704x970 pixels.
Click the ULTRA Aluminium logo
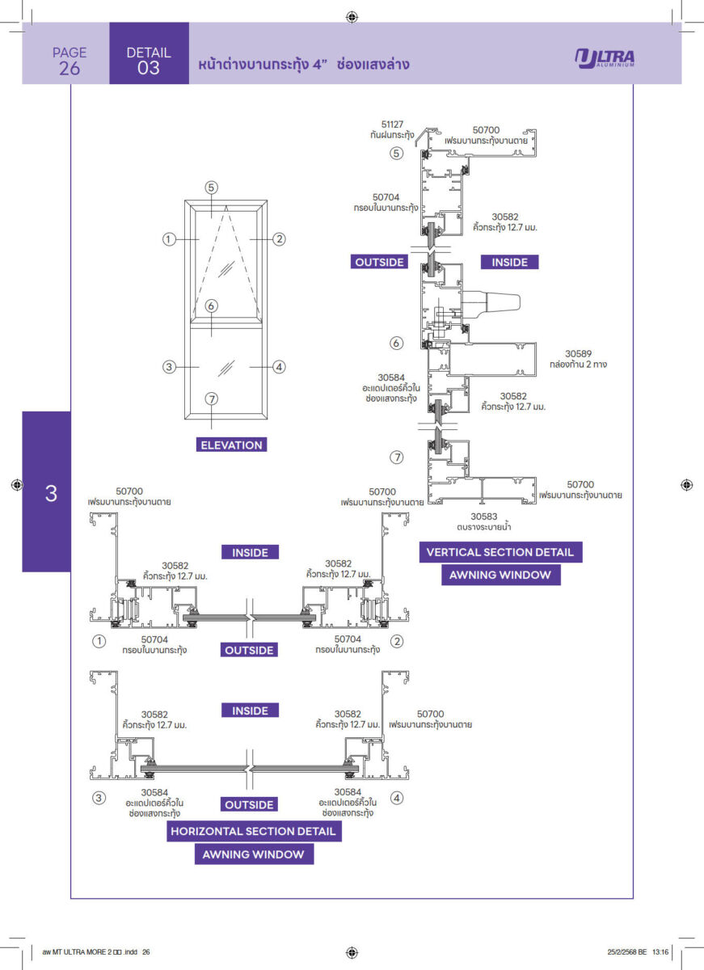click(605, 59)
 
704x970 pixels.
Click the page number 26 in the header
click(70, 69)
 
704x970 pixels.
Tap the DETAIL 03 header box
click(149, 61)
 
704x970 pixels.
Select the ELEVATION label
click(232, 445)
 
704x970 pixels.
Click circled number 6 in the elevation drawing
click(211, 306)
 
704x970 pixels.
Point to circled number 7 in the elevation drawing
click(211, 399)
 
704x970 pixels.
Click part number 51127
click(392, 124)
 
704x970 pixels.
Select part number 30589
click(578, 353)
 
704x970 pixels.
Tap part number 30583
click(483, 515)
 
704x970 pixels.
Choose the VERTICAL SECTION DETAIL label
click(500, 552)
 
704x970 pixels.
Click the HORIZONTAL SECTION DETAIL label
click(253, 831)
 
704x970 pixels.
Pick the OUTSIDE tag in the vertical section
click(379, 262)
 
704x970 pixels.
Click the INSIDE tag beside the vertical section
click(509, 262)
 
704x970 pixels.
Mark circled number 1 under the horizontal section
click(99, 641)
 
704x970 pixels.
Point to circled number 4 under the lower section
click(397, 798)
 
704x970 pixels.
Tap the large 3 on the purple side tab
click(51, 493)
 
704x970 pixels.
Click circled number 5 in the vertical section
click(397, 153)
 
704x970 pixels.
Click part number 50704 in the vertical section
click(386, 196)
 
